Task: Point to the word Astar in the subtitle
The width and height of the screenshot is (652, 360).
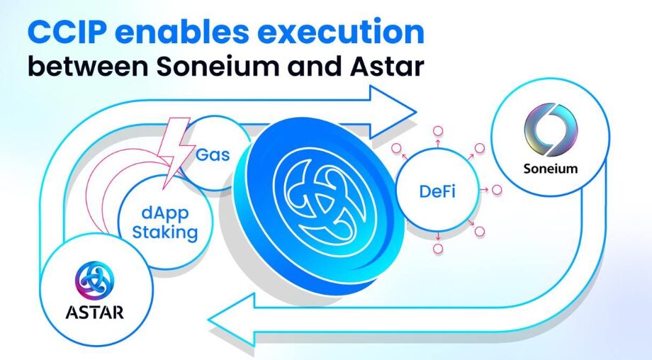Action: pos(387,66)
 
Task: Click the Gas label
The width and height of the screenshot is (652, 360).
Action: pos(213,155)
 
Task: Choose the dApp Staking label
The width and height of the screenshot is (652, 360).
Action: pos(164,223)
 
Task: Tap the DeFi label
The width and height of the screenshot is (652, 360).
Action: pos(437,191)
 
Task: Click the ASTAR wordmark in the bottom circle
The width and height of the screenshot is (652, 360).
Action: pos(94,313)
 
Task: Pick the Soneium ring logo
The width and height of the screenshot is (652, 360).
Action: pos(551,130)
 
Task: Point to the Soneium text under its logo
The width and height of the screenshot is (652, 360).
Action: pos(551,169)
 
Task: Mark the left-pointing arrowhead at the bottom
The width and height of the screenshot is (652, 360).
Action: pos(231,320)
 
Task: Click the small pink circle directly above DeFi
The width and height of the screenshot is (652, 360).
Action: pos(438,131)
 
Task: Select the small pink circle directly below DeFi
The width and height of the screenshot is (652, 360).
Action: pos(438,249)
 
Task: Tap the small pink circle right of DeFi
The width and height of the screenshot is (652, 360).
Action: pos(497,190)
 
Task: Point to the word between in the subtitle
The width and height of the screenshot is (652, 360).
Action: pos(88,66)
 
